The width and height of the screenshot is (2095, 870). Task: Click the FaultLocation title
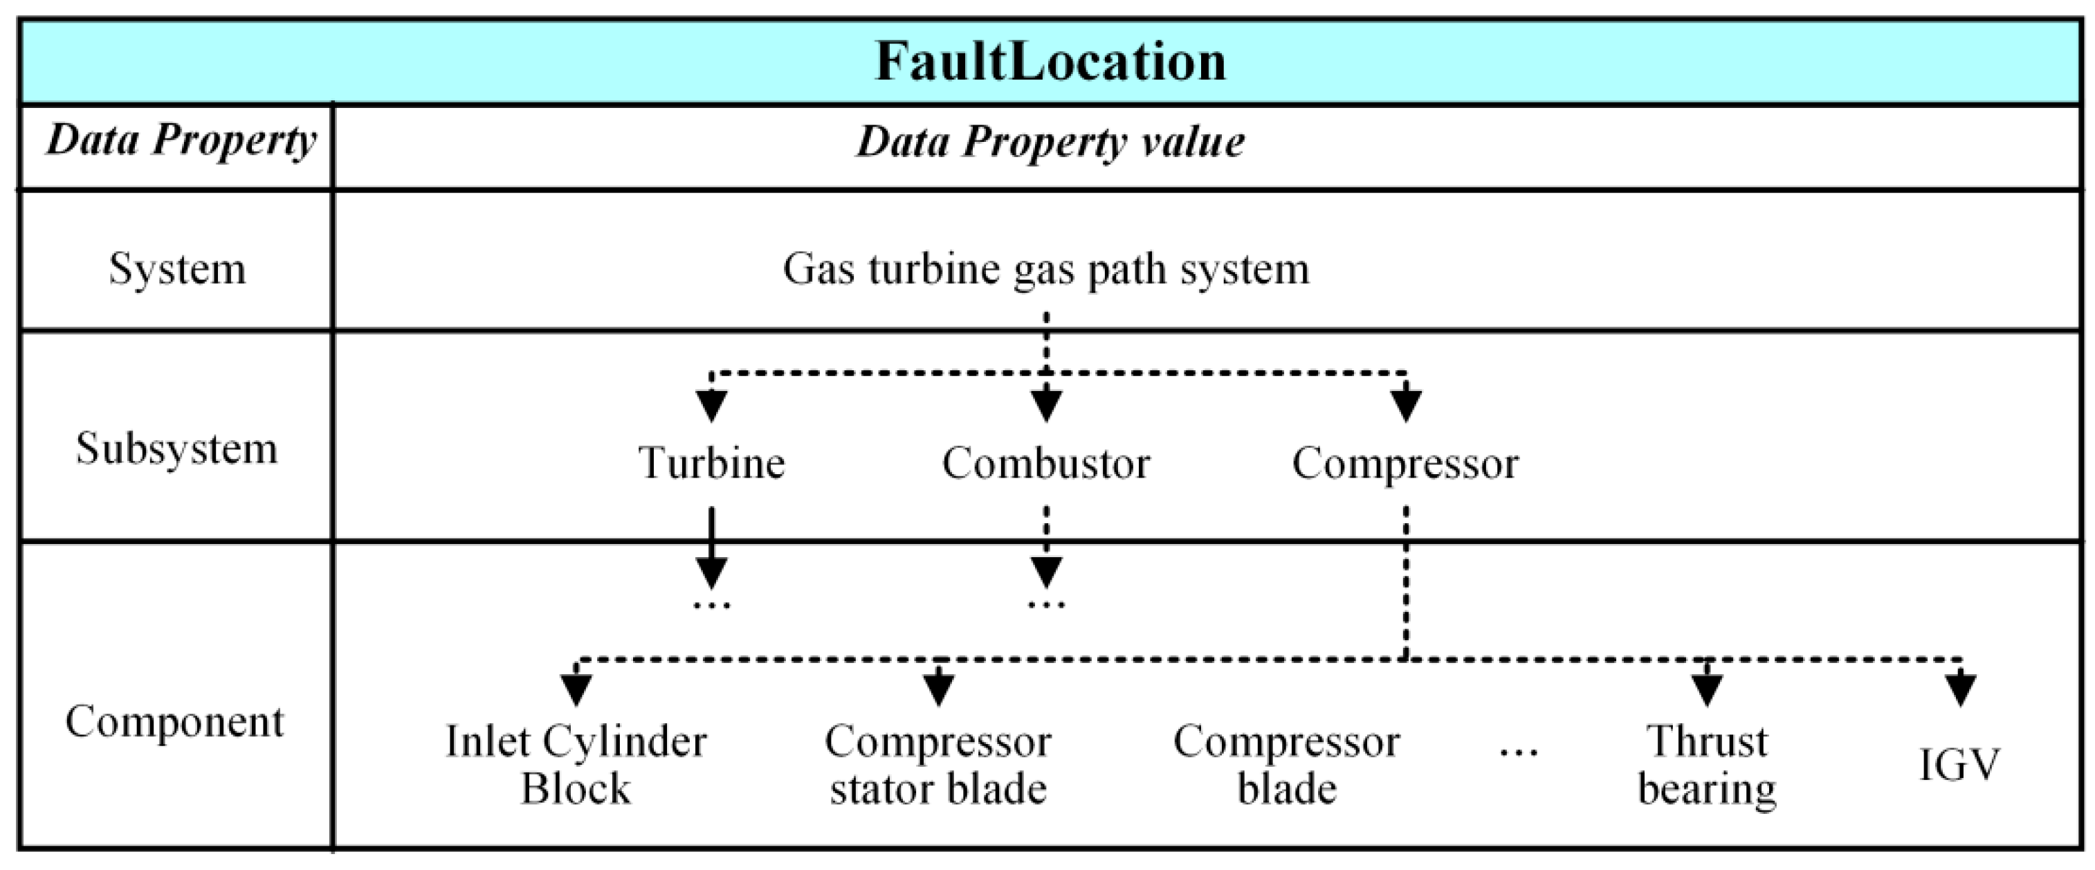click(1049, 62)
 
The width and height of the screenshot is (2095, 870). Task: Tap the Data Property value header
click(1049, 143)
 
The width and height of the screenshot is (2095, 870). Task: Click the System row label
click(176, 269)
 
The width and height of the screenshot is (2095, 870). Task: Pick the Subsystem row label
click(176, 448)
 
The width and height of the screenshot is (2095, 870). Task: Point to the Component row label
click(175, 722)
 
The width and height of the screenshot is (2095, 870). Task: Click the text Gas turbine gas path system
click(1046, 269)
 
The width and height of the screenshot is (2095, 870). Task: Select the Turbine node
click(712, 463)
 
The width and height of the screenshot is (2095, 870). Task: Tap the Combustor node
click(1046, 464)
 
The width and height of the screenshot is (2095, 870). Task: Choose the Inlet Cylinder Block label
click(576, 765)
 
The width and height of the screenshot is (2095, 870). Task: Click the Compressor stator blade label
click(937, 765)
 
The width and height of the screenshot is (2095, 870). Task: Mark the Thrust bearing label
click(1706, 765)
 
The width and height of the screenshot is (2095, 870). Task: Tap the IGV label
click(1959, 765)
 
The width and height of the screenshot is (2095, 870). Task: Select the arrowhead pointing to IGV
click(1961, 689)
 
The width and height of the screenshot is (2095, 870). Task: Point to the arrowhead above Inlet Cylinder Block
click(576, 689)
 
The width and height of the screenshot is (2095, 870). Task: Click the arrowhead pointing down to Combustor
click(1046, 404)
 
